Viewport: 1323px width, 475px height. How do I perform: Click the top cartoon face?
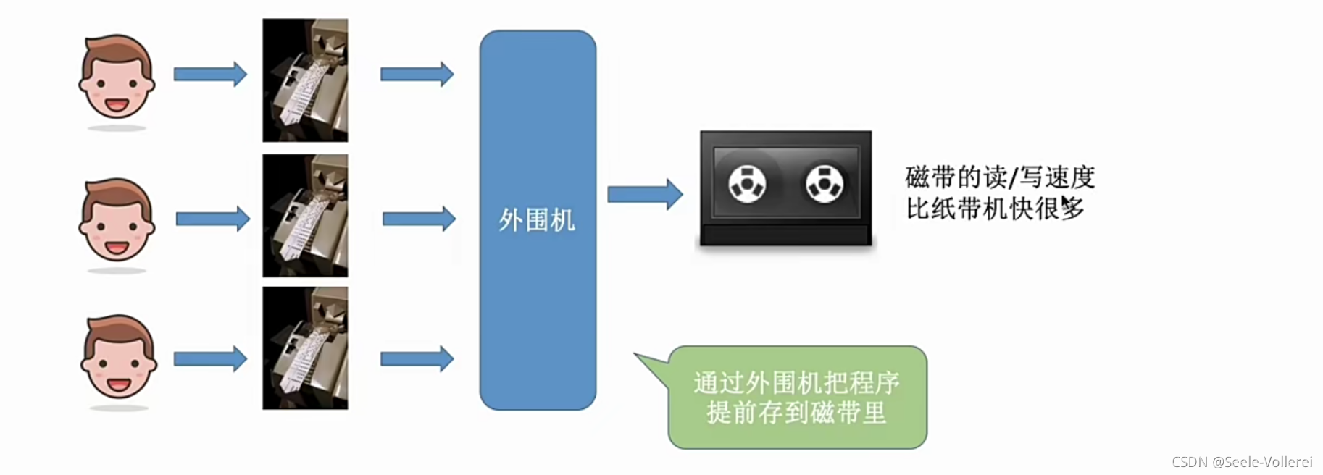[x=117, y=77]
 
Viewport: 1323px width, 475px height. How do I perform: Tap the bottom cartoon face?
[x=119, y=358]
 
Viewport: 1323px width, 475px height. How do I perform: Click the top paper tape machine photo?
[x=305, y=80]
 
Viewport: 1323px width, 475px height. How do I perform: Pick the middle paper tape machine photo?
[x=305, y=216]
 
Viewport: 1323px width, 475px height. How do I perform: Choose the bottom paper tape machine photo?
[x=305, y=348]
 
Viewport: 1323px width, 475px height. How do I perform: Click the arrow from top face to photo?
[x=210, y=74]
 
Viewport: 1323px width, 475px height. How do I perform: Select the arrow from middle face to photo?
[x=212, y=219]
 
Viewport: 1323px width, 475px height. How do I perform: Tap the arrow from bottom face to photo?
[x=210, y=358]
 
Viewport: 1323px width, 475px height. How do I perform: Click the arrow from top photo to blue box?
[x=417, y=74]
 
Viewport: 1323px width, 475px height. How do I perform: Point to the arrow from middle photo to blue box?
[x=419, y=219]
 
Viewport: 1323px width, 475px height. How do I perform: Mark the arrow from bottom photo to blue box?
[x=417, y=358]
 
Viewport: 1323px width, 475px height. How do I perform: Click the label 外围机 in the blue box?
[x=537, y=220]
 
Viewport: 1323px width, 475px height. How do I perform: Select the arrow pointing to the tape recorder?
[x=644, y=194]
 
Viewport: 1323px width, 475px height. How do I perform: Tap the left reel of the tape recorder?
[x=747, y=183]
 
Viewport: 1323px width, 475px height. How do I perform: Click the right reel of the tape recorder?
[x=825, y=183]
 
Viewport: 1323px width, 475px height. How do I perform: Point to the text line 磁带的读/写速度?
[x=1000, y=177]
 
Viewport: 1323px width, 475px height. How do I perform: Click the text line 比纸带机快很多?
[x=995, y=209]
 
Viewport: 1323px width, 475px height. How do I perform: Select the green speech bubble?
[x=797, y=398]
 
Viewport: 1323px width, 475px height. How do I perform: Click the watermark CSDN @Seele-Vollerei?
[x=1242, y=462]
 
